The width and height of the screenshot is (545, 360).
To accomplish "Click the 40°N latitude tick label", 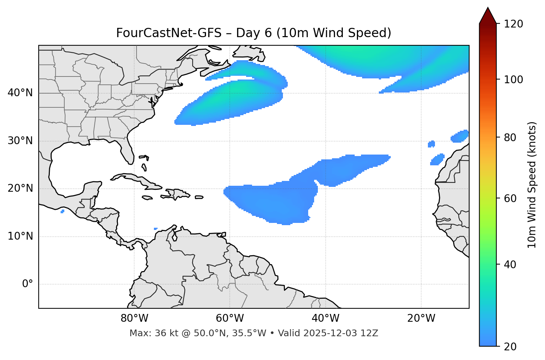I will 20,93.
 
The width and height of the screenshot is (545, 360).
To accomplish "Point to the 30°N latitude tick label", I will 20,141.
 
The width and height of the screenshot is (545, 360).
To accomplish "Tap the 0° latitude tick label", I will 28,284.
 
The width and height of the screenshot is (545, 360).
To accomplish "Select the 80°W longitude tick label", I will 134,318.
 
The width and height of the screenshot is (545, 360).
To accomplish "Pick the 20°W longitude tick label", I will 421,318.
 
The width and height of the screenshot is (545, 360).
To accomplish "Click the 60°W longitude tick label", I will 230,318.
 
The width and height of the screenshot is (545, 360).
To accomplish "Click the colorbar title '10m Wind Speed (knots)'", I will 532,185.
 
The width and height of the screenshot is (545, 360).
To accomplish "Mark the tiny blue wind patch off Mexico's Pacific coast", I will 62,211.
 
